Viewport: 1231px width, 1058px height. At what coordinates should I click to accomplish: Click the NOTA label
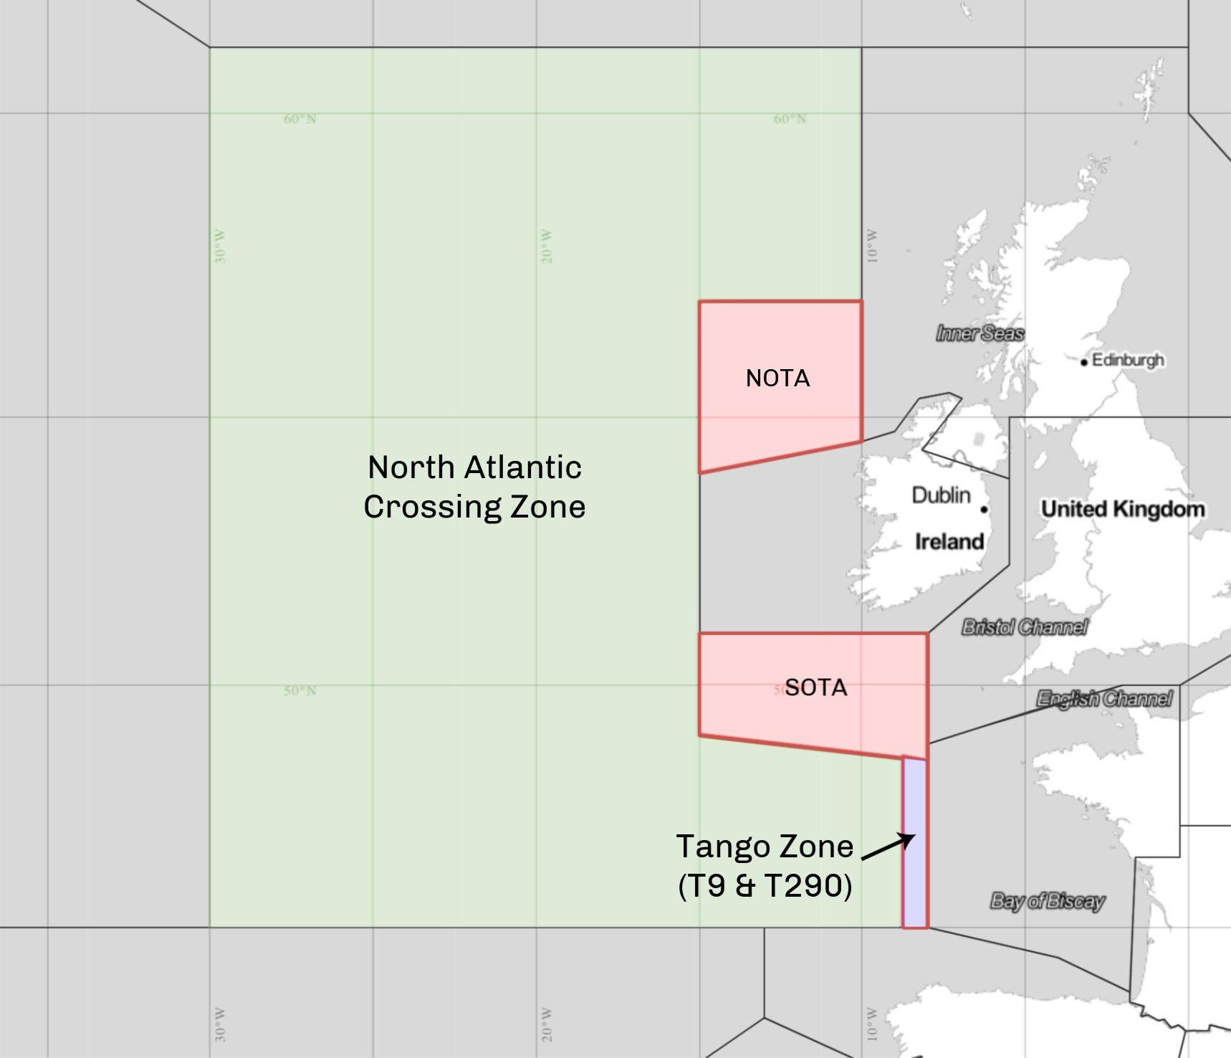click(777, 378)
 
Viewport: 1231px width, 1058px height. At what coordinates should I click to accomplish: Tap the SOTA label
click(816, 688)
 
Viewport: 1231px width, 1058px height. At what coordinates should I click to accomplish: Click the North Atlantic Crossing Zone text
click(474, 487)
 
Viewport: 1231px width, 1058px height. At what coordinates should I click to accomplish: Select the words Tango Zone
click(765, 847)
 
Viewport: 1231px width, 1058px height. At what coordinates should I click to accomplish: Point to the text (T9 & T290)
click(765, 886)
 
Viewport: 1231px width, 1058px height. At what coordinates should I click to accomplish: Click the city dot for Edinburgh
click(1084, 362)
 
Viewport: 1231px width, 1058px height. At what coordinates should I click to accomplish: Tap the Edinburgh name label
click(1128, 360)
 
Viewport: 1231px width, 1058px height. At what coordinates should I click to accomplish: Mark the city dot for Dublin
click(985, 510)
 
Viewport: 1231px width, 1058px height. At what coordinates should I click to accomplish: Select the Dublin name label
click(941, 495)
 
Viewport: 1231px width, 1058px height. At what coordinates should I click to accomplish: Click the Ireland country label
click(949, 542)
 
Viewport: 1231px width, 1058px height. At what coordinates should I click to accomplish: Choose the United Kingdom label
click(1123, 510)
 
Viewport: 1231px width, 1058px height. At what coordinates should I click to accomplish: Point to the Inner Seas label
click(979, 333)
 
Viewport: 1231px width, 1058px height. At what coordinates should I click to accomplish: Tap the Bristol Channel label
click(1025, 627)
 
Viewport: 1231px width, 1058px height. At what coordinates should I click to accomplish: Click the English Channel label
click(1104, 698)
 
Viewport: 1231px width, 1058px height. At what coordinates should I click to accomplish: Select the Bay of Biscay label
click(1047, 901)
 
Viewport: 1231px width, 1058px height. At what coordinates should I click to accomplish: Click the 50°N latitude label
click(300, 691)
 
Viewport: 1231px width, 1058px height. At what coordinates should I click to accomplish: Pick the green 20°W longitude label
click(547, 247)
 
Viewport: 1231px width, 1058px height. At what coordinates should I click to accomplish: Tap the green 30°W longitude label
click(220, 247)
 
